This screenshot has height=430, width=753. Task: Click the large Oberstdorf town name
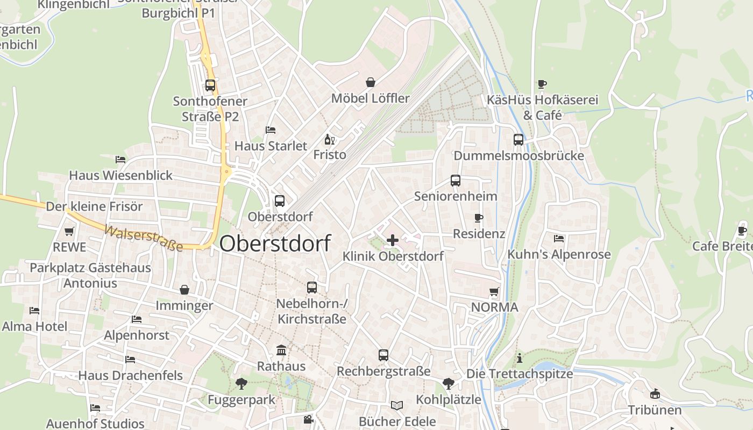click(x=275, y=243)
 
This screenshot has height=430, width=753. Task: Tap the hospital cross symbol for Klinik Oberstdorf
click(x=393, y=240)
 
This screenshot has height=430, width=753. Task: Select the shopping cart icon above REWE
click(x=69, y=232)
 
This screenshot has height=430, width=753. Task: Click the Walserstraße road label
click(x=143, y=238)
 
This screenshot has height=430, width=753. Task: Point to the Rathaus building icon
click(x=281, y=350)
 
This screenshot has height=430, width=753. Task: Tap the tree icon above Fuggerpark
click(x=241, y=384)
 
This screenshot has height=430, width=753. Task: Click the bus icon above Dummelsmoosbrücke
click(x=518, y=140)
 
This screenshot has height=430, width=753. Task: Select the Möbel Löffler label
click(x=370, y=98)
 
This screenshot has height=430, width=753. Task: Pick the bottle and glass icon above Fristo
click(x=329, y=139)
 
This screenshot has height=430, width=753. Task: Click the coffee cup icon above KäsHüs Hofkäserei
click(x=542, y=84)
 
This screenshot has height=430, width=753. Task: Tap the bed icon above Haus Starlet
click(x=271, y=130)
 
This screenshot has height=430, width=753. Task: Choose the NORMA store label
click(x=494, y=307)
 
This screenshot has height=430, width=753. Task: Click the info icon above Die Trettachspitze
click(x=520, y=358)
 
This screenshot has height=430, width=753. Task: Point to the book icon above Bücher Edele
click(x=397, y=405)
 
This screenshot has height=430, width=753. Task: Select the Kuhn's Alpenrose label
click(x=559, y=254)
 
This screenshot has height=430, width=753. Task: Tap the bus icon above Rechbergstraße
click(x=383, y=355)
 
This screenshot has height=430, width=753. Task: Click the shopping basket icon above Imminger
click(x=184, y=290)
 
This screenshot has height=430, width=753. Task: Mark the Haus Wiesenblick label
click(x=121, y=175)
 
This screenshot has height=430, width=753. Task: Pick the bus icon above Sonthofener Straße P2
click(x=210, y=85)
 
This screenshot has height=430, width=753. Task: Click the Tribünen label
click(x=655, y=410)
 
